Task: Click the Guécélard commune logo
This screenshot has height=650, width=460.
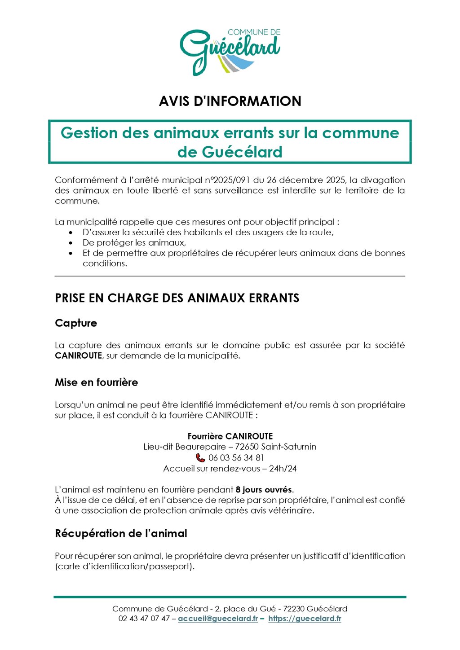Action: (230, 51)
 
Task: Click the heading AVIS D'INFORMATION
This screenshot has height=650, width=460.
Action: (230, 101)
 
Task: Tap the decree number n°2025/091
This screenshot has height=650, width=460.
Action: (227, 180)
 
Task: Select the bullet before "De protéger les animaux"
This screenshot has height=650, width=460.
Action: (71, 243)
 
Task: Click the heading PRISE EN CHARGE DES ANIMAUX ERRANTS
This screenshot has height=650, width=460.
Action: (177, 298)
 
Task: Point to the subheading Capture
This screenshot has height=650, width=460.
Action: (76, 323)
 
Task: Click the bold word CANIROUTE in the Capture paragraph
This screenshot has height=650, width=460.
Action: (79, 356)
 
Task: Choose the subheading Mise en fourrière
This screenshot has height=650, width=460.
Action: (96, 382)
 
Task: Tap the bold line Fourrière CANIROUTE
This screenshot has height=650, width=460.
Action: (230, 436)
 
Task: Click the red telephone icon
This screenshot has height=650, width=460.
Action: (200, 458)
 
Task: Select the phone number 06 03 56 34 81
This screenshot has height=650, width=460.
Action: (236, 458)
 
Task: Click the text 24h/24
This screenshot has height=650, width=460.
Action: (283, 469)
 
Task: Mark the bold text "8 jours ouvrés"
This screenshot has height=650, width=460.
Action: (264, 490)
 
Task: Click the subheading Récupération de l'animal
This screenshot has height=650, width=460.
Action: (121, 533)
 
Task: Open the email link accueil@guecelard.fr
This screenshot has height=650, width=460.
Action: (218, 619)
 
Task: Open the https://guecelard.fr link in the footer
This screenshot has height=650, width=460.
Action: (305, 619)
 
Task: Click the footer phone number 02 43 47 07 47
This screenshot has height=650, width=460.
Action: (144, 619)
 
